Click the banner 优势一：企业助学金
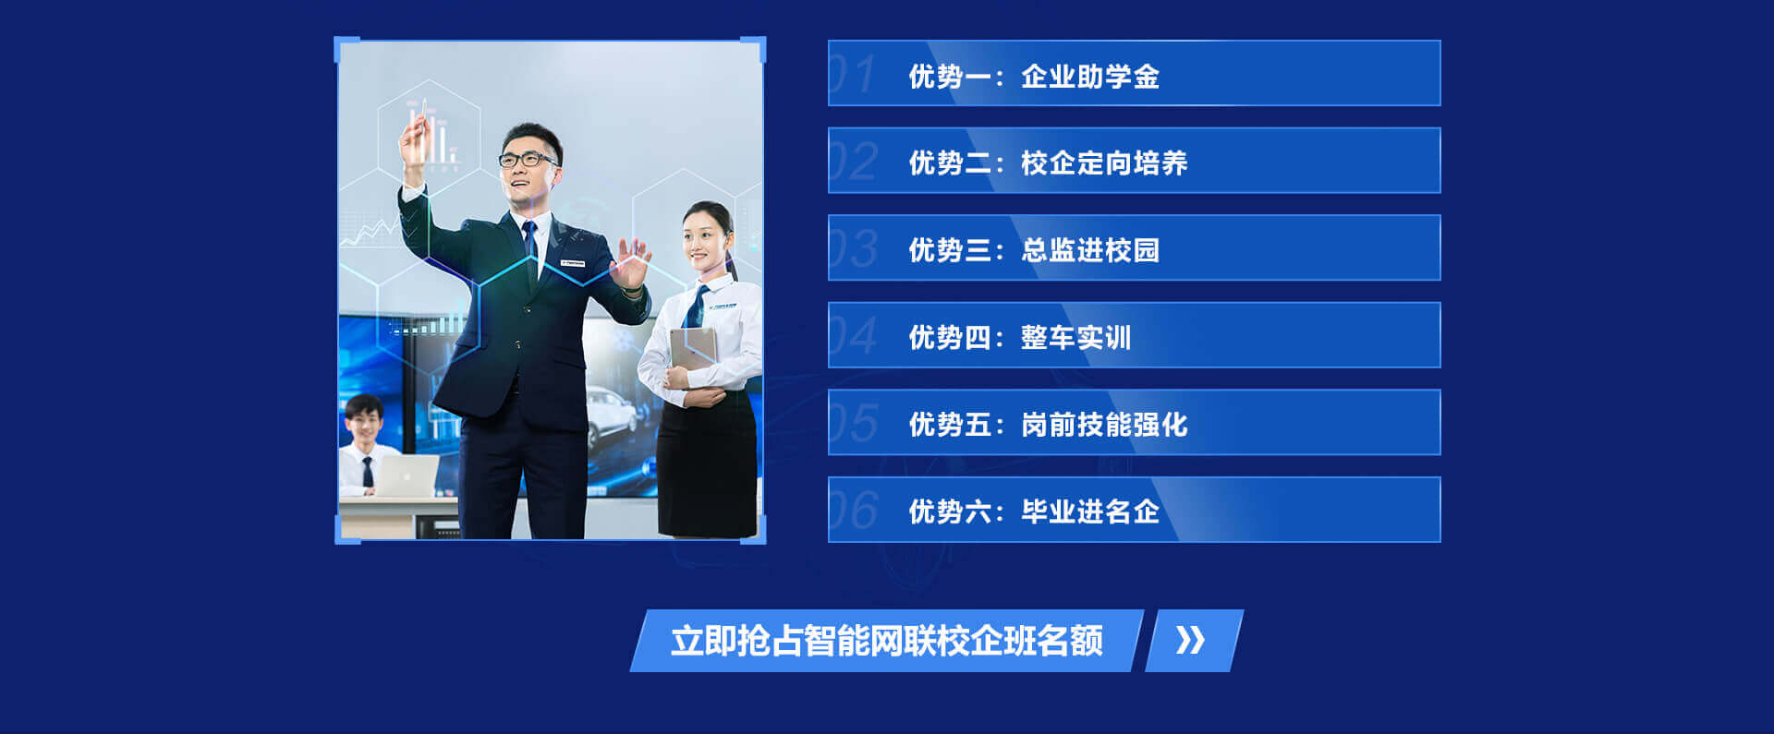click(x=1134, y=73)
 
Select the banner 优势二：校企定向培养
click(x=1134, y=161)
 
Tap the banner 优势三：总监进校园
click(x=1134, y=247)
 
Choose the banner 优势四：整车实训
click(x=1134, y=335)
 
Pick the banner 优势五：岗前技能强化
click(x=1134, y=422)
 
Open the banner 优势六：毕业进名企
click(x=1134, y=510)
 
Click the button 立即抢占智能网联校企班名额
click(x=886, y=641)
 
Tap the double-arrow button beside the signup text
click(x=1193, y=641)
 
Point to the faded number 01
click(x=851, y=74)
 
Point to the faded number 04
click(x=852, y=336)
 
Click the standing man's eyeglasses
click(x=528, y=160)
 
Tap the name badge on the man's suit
click(x=572, y=263)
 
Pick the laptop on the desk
click(x=407, y=475)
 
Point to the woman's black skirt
click(x=707, y=462)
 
